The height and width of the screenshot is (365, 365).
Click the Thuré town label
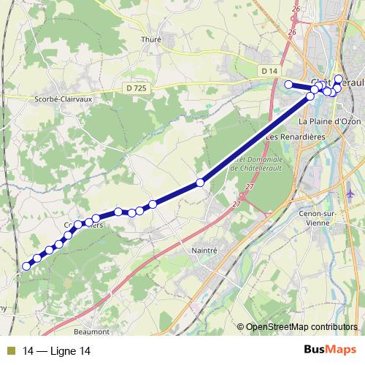point(151,40)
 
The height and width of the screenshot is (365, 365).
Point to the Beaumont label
point(92,331)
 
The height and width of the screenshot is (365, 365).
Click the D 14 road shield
point(269,70)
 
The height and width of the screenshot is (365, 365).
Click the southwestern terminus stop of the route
point(26,266)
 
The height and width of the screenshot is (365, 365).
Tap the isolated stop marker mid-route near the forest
point(199,182)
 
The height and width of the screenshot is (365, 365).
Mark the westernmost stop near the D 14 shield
point(288,85)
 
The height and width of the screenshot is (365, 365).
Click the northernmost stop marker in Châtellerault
point(339,78)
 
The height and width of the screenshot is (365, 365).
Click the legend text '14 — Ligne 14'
point(57,351)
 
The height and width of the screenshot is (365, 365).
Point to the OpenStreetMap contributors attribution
point(301,327)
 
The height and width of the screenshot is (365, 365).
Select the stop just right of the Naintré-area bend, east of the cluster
point(153,204)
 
